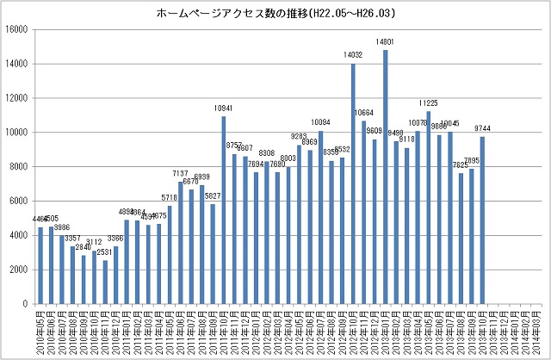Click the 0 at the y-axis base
(x=27, y=304)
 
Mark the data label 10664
(x=363, y=113)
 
